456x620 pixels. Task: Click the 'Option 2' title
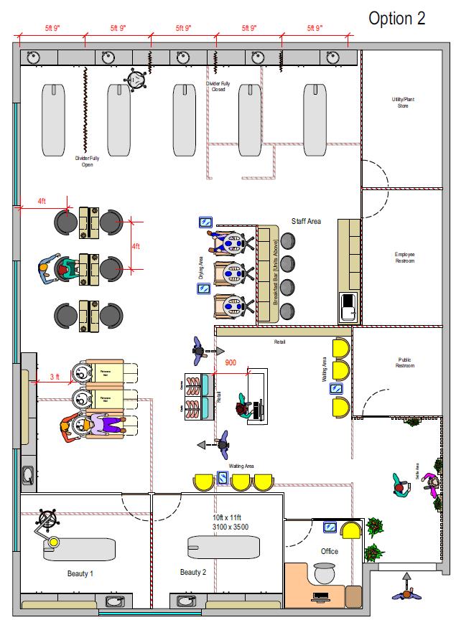[396, 19]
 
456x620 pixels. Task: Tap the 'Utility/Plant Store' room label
[403, 102]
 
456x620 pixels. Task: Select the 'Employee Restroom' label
[404, 258]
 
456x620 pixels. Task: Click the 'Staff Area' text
[306, 222]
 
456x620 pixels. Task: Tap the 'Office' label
[330, 551]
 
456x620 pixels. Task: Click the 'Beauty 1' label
[80, 573]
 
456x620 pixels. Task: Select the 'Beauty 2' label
[193, 572]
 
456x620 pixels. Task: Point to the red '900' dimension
[230, 363]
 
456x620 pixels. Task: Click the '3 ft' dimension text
[55, 377]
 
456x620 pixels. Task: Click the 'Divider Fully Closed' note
[218, 87]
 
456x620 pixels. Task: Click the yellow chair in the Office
[350, 530]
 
